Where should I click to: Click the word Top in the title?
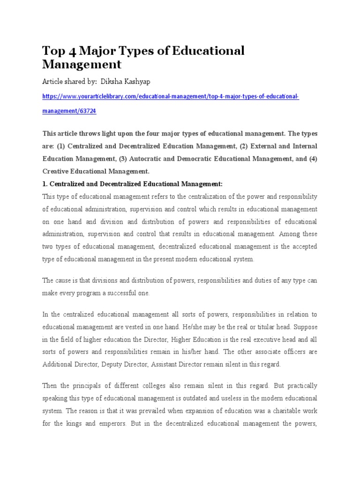pos(53,51)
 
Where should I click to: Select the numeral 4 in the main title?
pos(73,51)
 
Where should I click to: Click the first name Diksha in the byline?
pos(112,82)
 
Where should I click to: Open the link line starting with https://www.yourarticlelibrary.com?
pos(170,97)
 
